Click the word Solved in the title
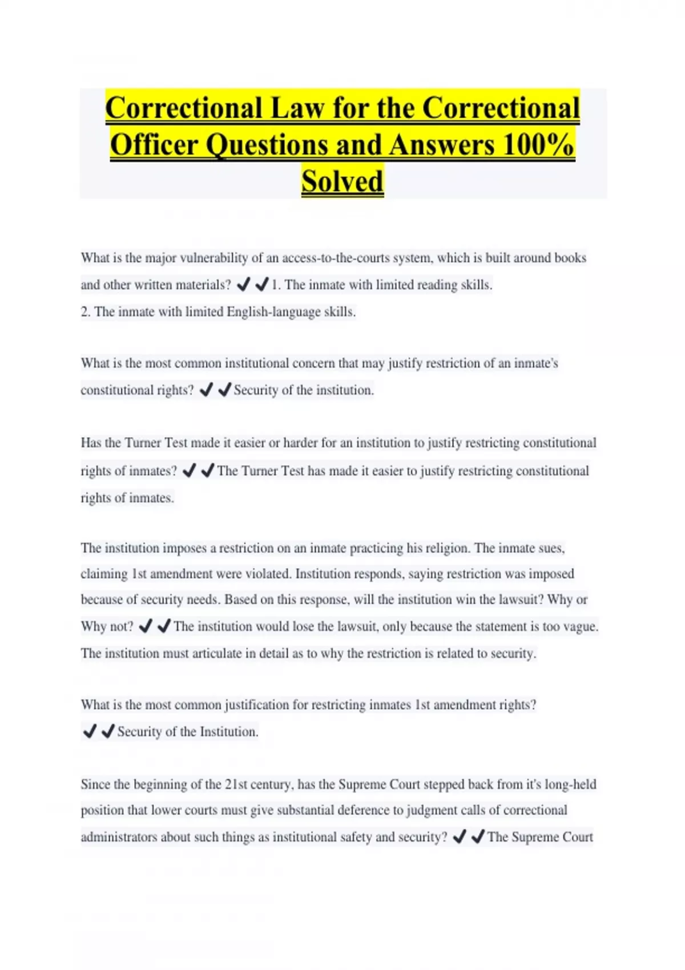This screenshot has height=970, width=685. (342, 181)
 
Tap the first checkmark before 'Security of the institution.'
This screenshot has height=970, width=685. (206, 390)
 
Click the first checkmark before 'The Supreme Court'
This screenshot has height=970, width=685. (459, 837)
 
